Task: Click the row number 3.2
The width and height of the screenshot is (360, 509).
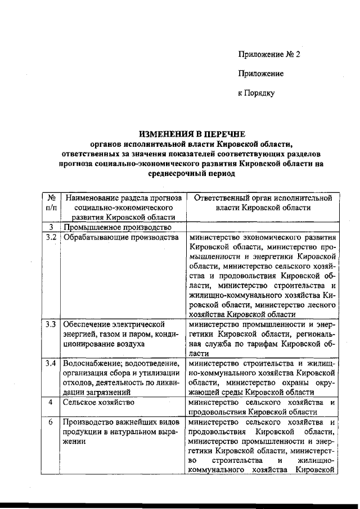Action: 51,237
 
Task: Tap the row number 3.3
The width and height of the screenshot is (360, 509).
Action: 51,325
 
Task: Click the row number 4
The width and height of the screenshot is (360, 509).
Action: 51,403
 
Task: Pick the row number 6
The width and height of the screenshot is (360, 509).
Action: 51,422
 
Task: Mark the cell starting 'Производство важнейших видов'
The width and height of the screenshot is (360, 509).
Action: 121,431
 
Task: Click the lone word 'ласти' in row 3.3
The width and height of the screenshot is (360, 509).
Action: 200,354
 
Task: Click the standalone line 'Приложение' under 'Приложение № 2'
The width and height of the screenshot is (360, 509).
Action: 260,74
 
